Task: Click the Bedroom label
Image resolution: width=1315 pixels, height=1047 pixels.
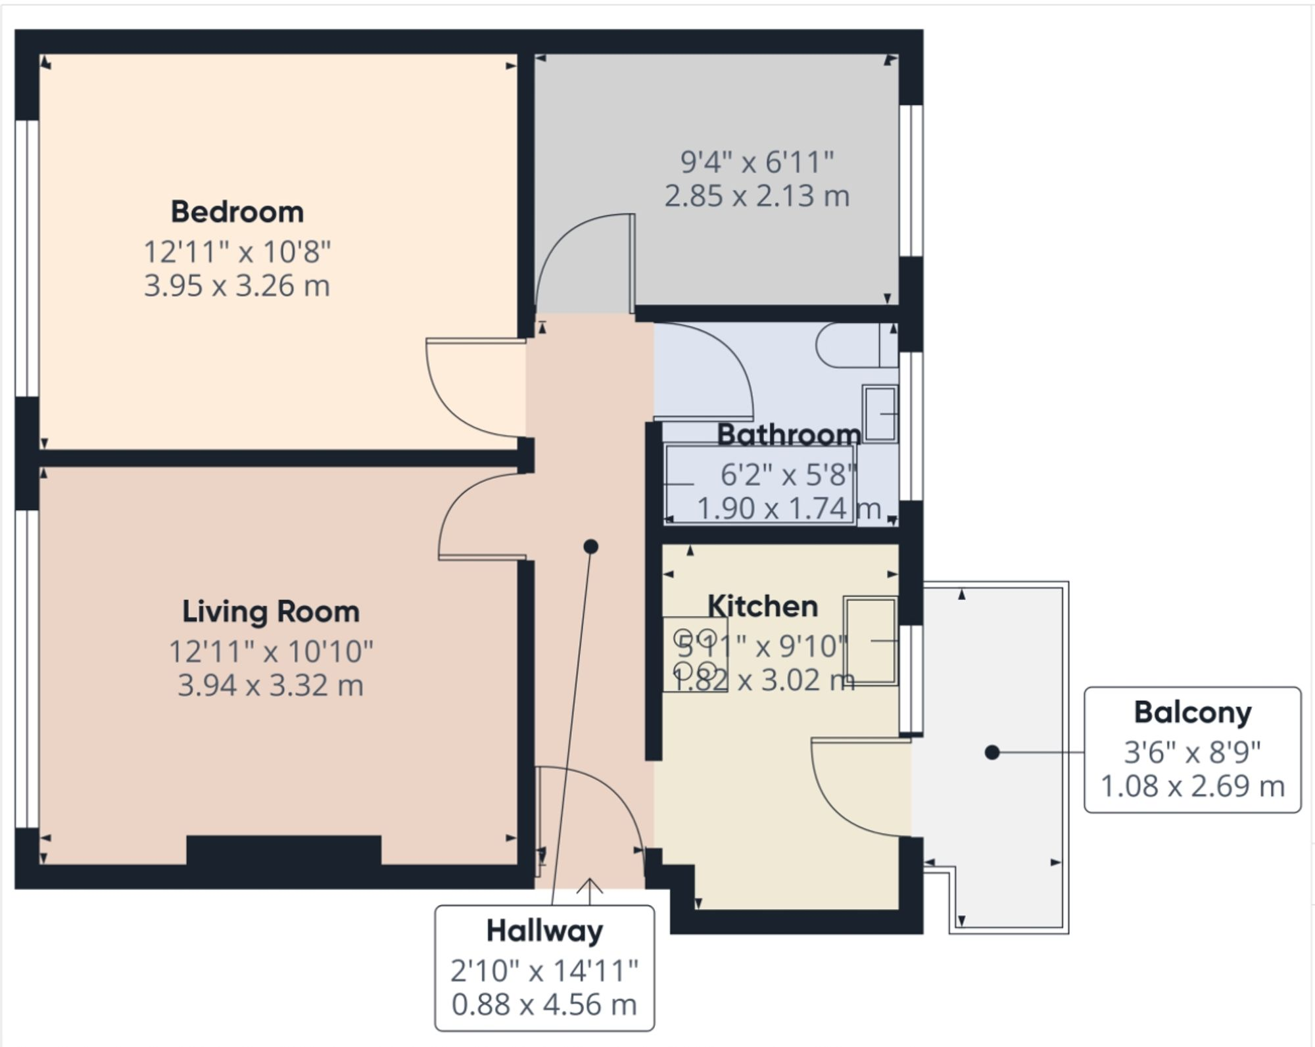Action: [x=237, y=212]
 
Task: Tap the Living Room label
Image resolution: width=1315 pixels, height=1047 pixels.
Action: [x=271, y=612]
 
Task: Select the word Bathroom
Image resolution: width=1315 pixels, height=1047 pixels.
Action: [x=788, y=434]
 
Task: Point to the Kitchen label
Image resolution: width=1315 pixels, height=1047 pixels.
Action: [x=763, y=606]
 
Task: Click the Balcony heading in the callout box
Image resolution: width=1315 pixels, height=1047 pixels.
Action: [x=1193, y=712]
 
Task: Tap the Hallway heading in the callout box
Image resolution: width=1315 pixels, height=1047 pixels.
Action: [x=544, y=931]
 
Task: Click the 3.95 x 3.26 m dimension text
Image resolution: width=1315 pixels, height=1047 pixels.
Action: [x=237, y=286]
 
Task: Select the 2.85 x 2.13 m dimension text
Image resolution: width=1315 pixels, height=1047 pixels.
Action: [x=757, y=196]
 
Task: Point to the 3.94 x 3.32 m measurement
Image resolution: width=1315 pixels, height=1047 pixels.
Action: [x=270, y=686]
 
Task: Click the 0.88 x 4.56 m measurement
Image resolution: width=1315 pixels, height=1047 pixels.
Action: [x=544, y=1004]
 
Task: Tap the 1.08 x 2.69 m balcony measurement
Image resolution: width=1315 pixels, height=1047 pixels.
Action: [x=1193, y=786]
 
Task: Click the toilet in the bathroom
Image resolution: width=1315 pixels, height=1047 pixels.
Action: [x=855, y=345]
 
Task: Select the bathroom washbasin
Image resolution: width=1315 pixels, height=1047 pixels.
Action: [x=880, y=413]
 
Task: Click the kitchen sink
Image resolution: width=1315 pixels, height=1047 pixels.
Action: [x=871, y=641]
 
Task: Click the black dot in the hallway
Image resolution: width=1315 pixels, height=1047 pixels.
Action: [x=590, y=546]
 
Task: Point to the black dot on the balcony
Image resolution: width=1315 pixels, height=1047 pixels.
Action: [x=992, y=753]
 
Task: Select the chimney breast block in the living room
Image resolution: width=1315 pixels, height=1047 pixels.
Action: [x=284, y=850]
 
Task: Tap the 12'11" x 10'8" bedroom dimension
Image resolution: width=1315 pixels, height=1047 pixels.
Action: [x=237, y=252]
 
